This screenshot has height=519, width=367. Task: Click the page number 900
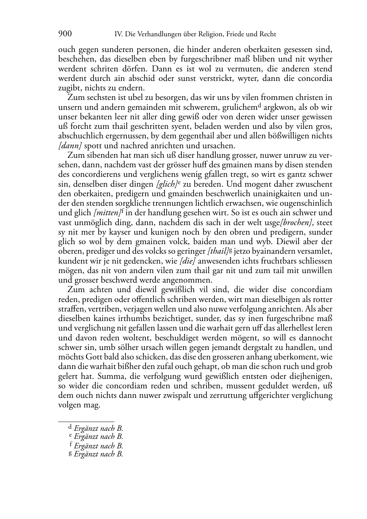coord(65,34)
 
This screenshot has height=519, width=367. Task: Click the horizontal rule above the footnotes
coord(86,421)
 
